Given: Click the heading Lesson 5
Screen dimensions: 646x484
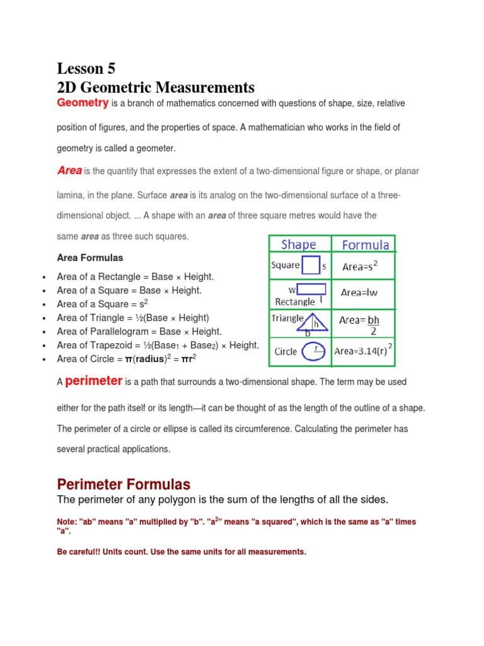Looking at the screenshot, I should pyautogui.click(x=86, y=68).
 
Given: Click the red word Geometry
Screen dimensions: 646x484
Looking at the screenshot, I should pyautogui.click(x=83, y=103).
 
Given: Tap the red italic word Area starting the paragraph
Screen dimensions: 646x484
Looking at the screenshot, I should pyautogui.click(x=69, y=170).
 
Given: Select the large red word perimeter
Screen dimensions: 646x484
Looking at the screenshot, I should pyautogui.click(x=93, y=380).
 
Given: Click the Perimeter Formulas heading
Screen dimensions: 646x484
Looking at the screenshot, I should pyautogui.click(x=123, y=484).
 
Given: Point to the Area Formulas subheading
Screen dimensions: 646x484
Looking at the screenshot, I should pyautogui.click(x=90, y=258).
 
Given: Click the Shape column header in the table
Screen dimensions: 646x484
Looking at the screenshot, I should pyautogui.click(x=299, y=245).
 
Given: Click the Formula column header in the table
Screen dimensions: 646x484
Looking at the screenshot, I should pyautogui.click(x=365, y=245).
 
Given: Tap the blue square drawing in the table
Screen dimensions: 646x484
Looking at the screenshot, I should pyautogui.click(x=311, y=266).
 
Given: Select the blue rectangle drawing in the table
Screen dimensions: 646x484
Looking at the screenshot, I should pyautogui.click(x=311, y=290).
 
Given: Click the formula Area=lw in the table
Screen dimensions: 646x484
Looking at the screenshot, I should pyautogui.click(x=359, y=292).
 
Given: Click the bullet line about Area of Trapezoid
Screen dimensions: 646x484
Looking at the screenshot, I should pyautogui.click(x=158, y=345).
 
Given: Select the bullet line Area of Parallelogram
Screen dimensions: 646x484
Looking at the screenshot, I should pyautogui.click(x=139, y=331).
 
